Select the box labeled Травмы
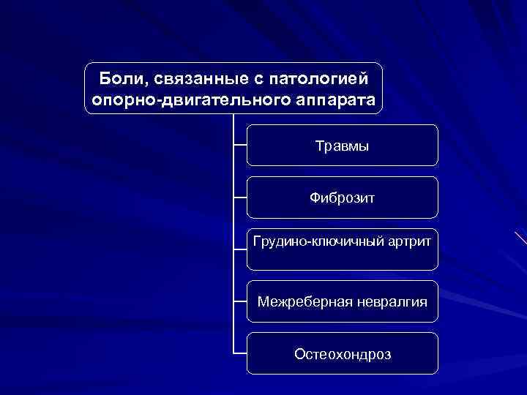[x=342, y=146]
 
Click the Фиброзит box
[x=342, y=197]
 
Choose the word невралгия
[x=389, y=301]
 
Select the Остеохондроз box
[x=342, y=354]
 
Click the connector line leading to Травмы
[x=240, y=145]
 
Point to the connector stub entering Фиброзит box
[x=240, y=197]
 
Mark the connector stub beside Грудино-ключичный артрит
[x=240, y=249]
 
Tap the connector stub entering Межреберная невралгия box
[x=240, y=301]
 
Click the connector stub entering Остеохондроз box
[x=240, y=353]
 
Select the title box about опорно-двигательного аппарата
[x=233, y=88]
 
